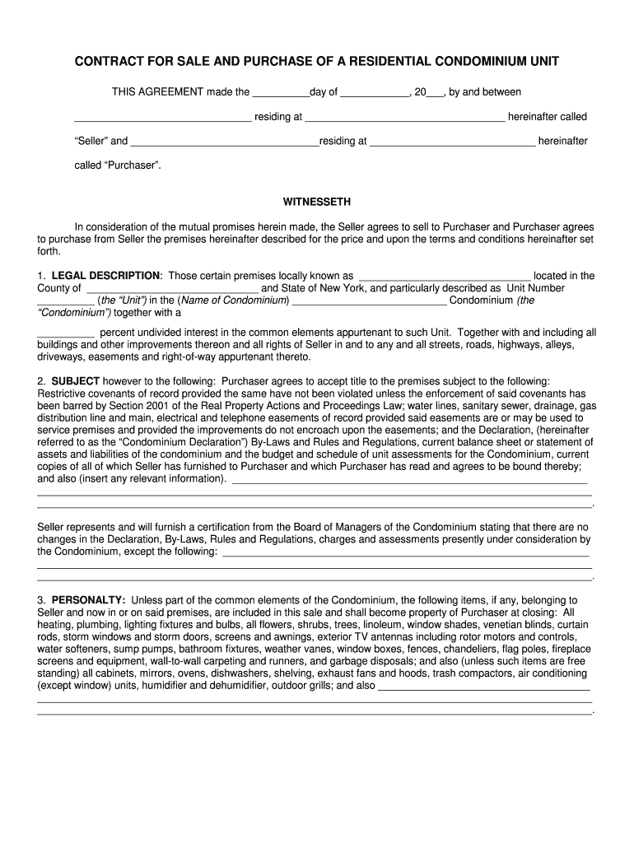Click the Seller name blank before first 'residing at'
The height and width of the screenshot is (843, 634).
point(163,118)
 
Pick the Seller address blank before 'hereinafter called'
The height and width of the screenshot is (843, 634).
point(405,118)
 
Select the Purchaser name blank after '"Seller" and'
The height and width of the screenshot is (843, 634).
point(225,142)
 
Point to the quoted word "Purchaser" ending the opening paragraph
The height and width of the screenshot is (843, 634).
point(131,165)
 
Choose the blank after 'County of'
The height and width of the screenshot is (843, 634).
point(171,289)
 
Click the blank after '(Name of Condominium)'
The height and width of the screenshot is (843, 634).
point(370,301)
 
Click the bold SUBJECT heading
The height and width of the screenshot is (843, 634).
point(76,381)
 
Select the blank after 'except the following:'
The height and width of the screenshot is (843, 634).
point(405,552)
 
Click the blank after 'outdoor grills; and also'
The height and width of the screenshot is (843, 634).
point(483,686)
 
